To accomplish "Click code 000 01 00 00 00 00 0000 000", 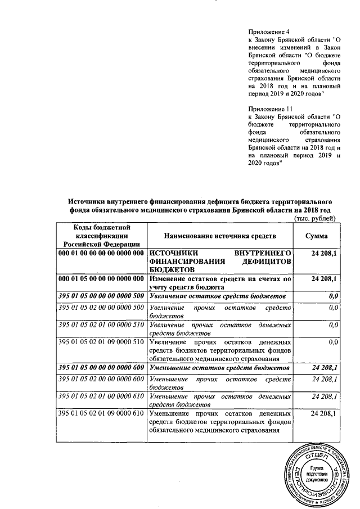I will [x=101, y=254].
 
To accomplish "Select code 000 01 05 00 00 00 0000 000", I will [x=101, y=279].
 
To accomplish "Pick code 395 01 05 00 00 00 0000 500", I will [x=101, y=296].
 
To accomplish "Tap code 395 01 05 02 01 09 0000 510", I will [x=101, y=341].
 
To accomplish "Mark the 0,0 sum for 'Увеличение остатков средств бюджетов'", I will [x=332, y=296].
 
